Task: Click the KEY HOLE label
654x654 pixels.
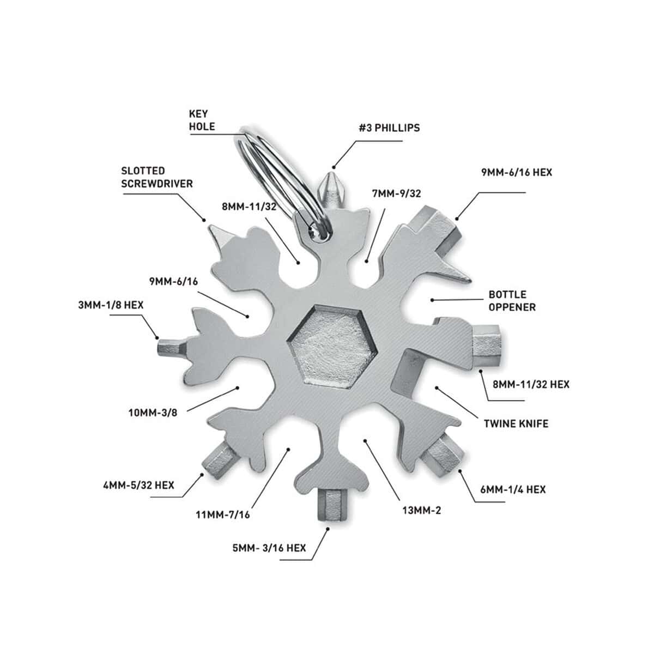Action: (202, 120)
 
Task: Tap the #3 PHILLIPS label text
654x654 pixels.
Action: (389, 128)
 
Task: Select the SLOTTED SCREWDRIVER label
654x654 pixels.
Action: (157, 177)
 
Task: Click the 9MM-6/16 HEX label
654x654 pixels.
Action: (517, 172)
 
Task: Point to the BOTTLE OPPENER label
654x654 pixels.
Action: (512, 301)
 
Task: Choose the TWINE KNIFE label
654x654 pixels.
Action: (516, 424)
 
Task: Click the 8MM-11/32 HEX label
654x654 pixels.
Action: (531, 385)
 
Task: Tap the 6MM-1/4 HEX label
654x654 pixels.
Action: (513, 490)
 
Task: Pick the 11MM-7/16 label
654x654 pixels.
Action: (223, 515)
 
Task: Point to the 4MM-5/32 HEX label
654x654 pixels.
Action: (138, 486)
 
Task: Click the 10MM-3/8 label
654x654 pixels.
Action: (153, 413)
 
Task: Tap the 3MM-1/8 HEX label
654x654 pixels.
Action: (111, 305)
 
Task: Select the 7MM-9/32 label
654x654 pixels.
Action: (396, 193)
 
